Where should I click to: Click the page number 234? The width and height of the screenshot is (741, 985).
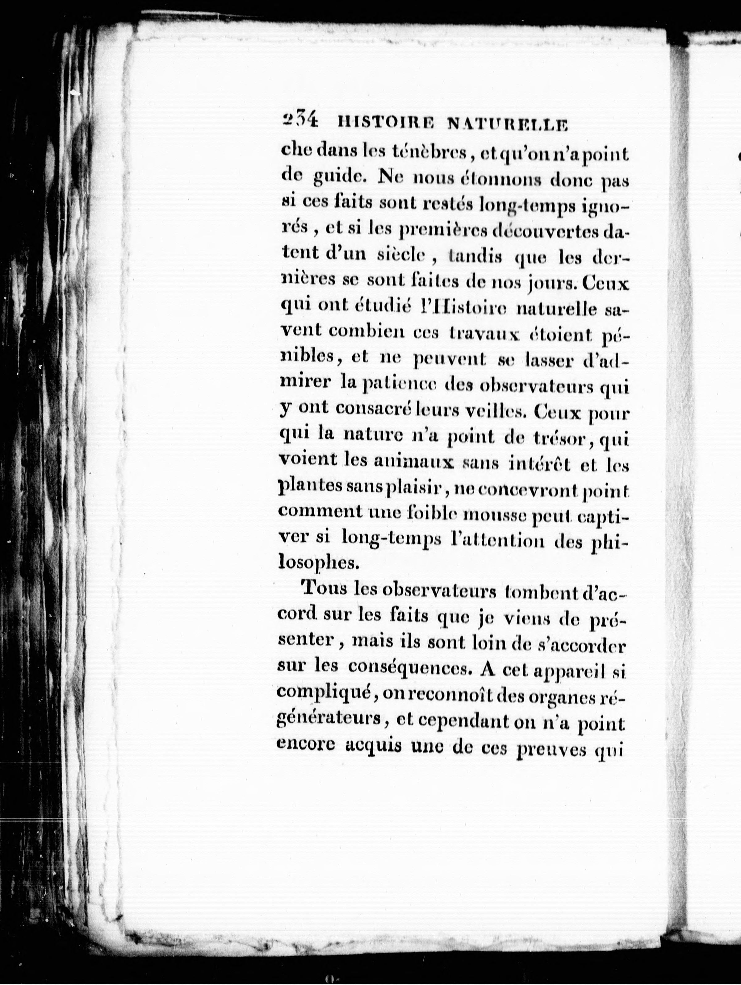click(x=300, y=120)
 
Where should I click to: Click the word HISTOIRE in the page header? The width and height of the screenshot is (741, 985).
click(x=383, y=123)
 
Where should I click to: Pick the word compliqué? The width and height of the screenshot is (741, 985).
click(x=322, y=693)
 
